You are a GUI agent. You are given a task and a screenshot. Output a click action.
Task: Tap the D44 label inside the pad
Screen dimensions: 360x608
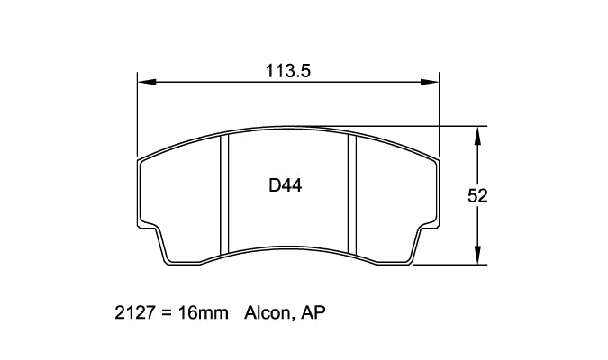coord(285,187)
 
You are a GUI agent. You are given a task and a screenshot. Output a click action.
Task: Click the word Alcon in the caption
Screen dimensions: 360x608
coord(265,316)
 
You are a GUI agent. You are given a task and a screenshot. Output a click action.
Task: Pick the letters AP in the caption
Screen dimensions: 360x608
coord(313,316)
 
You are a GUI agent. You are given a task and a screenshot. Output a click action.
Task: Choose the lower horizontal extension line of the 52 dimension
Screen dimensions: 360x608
coord(450,265)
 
